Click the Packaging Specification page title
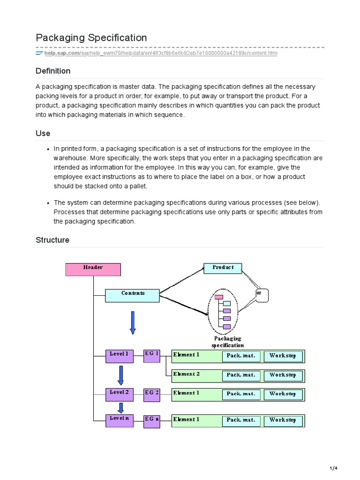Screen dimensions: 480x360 click(91, 37)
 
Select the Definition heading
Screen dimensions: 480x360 click(53, 71)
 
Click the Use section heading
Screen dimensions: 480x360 click(43, 134)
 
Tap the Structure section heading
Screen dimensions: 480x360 click(52, 240)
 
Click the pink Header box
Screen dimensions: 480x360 click(93, 269)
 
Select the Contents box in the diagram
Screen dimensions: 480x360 click(133, 295)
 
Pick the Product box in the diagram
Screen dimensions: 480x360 click(223, 269)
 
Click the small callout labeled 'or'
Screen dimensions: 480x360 click(261, 295)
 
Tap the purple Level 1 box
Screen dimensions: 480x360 click(119, 356)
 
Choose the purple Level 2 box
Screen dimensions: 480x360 click(119, 395)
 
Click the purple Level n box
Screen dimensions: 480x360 click(119, 420)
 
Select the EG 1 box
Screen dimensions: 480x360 click(151, 356)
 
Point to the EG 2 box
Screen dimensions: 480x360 click(151, 395)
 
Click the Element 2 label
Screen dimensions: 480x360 click(187, 374)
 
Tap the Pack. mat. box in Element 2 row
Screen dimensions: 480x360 click(241, 375)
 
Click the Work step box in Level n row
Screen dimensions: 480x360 click(283, 420)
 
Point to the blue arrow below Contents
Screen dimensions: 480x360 click(133, 323)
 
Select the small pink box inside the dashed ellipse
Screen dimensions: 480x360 click(218, 297)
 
